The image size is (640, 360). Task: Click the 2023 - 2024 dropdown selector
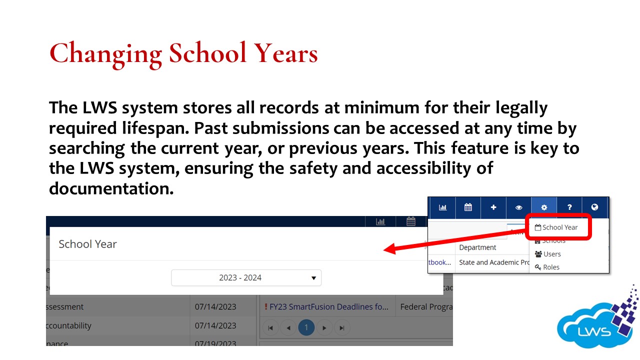pyautogui.click(x=246, y=278)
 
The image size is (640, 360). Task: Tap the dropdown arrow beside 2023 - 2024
pyautogui.click(x=313, y=278)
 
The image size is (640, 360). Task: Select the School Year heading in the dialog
pyautogui.click(x=87, y=244)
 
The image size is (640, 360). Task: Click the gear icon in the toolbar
pyautogui.click(x=544, y=207)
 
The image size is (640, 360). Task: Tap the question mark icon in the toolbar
pyautogui.click(x=569, y=207)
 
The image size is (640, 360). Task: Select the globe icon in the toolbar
pyautogui.click(x=594, y=207)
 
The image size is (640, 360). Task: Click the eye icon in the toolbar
pyautogui.click(x=518, y=207)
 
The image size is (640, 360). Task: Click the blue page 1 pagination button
pyautogui.click(x=306, y=328)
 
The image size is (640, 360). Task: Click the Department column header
pyautogui.click(x=477, y=247)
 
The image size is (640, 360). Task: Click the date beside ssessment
pyautogui.click(x=215, y=307)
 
